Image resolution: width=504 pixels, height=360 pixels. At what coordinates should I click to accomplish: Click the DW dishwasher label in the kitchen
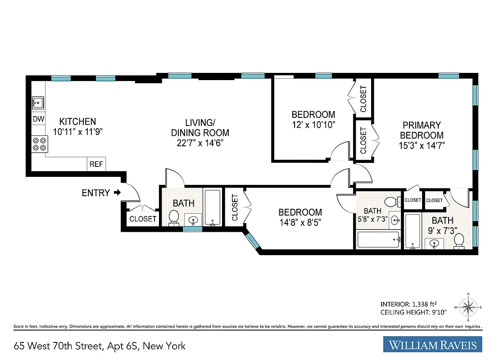(38, 120)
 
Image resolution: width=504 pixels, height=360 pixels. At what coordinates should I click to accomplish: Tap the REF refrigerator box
(96, 164)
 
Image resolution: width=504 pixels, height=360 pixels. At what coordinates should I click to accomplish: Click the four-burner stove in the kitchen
(39, 144)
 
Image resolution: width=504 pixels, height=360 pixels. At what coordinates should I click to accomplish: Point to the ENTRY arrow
(117, 193)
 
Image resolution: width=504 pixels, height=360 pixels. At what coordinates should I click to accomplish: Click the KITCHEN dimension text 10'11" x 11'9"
(77, 132)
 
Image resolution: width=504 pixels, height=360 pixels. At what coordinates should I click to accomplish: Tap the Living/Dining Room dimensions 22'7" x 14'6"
(200, 144)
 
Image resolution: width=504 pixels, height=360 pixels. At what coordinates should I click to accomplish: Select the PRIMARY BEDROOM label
(422, 130)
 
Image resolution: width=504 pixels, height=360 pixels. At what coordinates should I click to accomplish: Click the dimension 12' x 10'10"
(313, 125)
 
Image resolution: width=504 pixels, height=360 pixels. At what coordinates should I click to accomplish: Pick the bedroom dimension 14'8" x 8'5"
(300, 222)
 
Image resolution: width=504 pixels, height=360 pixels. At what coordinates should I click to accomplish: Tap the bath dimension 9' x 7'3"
(442, 231)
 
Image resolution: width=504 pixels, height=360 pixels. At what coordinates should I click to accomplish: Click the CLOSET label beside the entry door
(143, 219)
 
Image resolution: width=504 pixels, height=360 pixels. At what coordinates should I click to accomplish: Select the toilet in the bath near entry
(173, 217)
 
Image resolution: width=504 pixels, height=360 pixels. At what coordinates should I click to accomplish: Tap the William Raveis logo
(432, 346)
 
